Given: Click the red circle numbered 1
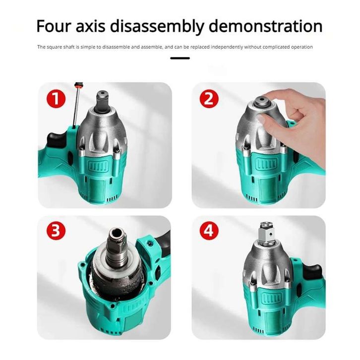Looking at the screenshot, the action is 56,99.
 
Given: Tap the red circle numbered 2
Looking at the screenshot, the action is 209,99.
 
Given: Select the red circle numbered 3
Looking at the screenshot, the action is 56,230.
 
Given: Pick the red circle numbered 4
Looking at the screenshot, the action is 209,230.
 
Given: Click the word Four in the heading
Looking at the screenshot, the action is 54,26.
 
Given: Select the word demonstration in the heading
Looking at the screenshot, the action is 266,26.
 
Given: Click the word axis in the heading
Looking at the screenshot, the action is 90,26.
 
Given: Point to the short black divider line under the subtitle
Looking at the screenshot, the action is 180,58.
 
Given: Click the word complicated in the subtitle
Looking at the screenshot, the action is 276,47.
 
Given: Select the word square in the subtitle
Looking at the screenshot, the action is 54,47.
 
